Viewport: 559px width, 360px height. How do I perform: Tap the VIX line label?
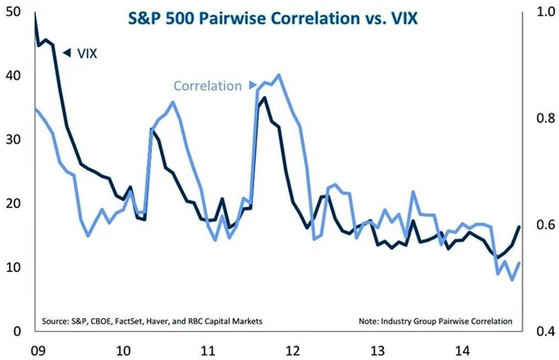pyautogui.click(x=86, y=52)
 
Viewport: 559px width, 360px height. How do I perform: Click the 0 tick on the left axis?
pyautogui.click(x=16, y=331)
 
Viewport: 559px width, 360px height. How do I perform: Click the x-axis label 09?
pyautogui.click(x=38, y=350)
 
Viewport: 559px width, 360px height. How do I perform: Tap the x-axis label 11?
pyautogui.click(x=207, y=350)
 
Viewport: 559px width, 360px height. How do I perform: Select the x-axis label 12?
pyautogui.click(x=292, y=350)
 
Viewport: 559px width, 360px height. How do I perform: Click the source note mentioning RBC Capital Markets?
pyautogui.click(x=151, y=321)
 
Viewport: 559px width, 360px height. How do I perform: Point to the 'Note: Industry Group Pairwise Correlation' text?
pyautogui.click(x=435, y=321)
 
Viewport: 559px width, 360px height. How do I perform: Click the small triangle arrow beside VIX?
pyautogui.click(x=66, y=52)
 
